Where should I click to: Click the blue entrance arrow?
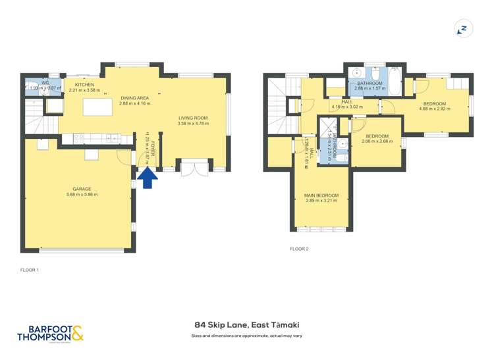(x=147, y=177)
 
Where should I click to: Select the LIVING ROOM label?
(x=193, y=118)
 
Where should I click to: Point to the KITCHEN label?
(x=84, y=85)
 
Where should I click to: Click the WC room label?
(x=45, y=83)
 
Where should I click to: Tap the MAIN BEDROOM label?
(x=321, y=195)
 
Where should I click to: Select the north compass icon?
(x=463, y=29)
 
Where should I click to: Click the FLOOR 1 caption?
(x=30, y=270)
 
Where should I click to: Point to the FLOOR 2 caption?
(x=299, y=249)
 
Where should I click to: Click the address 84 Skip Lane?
(x=246, y=324)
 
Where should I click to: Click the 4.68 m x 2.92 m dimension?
(x=435, y=109)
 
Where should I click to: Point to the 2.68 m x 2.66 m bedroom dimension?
(x=378, y=141)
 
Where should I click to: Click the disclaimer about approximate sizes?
(x=246, y=336)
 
